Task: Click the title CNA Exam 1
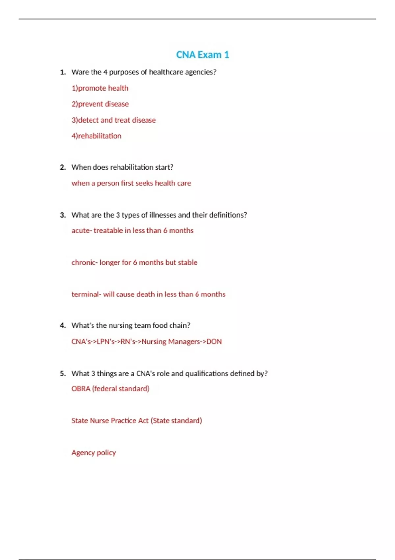pyautogui.click(x=202, y=55)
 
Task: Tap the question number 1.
pyautogui.click(x=63, y=72)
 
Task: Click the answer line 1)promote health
pyautogui.click(x=100, y=88)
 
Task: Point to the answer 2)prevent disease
pyautogui.click(x=100, y=104)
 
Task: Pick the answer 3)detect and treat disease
pyautogui.click(x=114, y=120)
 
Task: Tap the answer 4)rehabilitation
pyautogui.click(x=96, y=136)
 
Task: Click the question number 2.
pyautogui.click(x=63, y=167)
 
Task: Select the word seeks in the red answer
pyautogui.click(x=144, y=183)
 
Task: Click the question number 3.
pyautogui.click(x=63, y=215)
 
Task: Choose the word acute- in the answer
pyautogui.click(x=82, y=231)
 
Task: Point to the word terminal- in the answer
pyautogui.click(x=86, y=294)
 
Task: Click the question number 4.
pyautogui.click(x=63, y=326)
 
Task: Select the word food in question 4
pyautogui.click(x=160, y=325)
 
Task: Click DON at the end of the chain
pyautogui.click(x=214, y=342)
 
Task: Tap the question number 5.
pyautogui.click(x=63, y=374)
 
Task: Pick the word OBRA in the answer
pyautogui.click(x=81, y=389)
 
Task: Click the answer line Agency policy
pyautogui.click(x=93, y=453)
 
